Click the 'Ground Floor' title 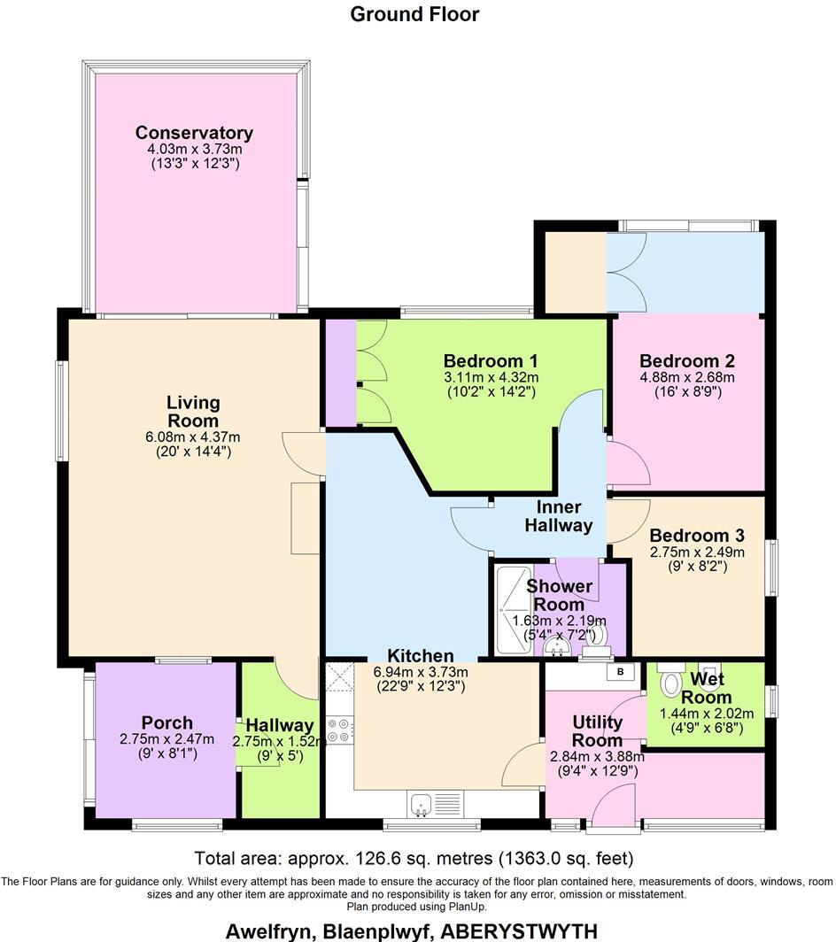coord(414,14)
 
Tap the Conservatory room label coord(194,133)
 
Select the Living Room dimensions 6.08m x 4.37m coord(193,436)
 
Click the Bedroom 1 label coord(491,361)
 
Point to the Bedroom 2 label coord(687,361)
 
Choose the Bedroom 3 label coord(696,536)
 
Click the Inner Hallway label coord(558,516)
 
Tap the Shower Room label coord(560,595)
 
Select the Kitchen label coord(421,656)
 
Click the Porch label coord(166,722)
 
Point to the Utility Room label coord(597,731)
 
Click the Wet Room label coord(707,688)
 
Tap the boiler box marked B coord(620,672)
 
